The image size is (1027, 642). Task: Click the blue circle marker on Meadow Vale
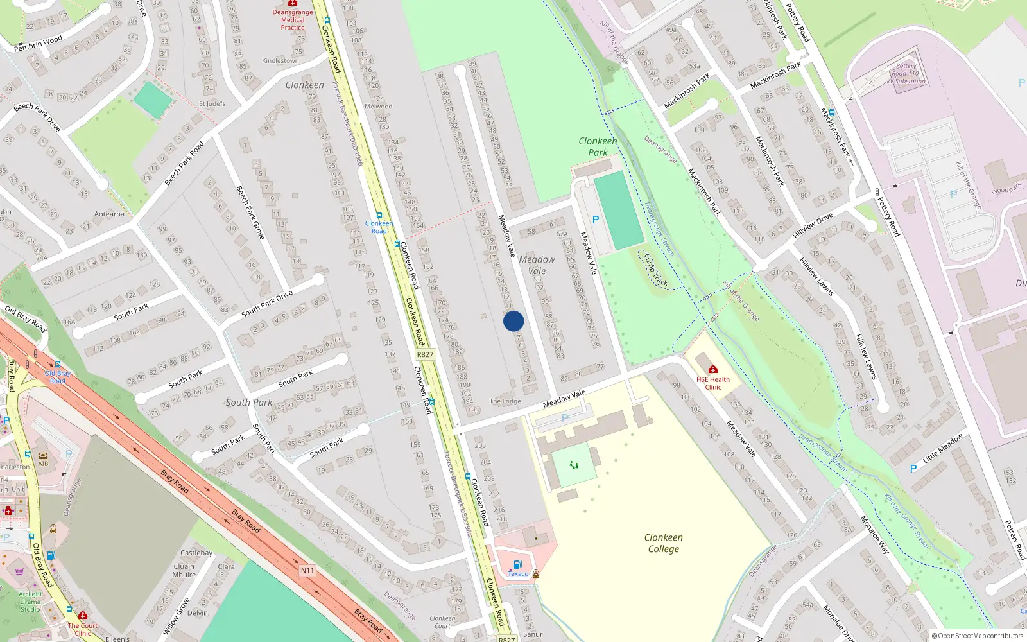pyautogui.click(x=513, y=321)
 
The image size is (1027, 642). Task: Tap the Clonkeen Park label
pyautogui.click(x=598, y=146)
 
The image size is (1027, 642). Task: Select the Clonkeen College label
pyautogui.click(x=664, y=543)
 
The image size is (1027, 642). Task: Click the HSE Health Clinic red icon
pyautogui.click(x=712, y=369)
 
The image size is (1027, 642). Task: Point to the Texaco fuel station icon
pyautogui.click(x=518, y=565)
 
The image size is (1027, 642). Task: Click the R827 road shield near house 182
pyautogui.click(x=425, y=354)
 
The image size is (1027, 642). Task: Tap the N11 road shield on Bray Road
pyautogui.click(x=307, y=570)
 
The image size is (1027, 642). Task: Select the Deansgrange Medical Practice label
pyautogui.click(x=293, y=19)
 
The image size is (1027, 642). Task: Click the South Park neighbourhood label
pyautogui.click(x=249, y=403)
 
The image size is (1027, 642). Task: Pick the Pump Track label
pyautogui.click(x=655, y=269)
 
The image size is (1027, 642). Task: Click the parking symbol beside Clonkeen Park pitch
pyautogui.click(x=596, y=220)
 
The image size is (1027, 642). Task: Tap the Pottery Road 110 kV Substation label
pyautogui.click(x=906, y=74)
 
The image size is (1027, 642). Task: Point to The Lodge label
pyautogui.click(x=505, y=401)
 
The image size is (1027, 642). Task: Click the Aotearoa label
pyautogui.click(x=109, y=214)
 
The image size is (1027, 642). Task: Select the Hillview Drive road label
pyautogui.click(x=813, y=225)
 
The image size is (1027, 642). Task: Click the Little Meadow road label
pyautogui.click(x=943, y=449)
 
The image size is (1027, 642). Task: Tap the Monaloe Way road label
pyautogui.click(x=875, y=535)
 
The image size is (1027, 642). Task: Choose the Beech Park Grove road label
pyautogui.click(x=250, y=213)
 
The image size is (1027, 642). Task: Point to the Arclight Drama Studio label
pyautogui.click(x=30, y=602)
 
